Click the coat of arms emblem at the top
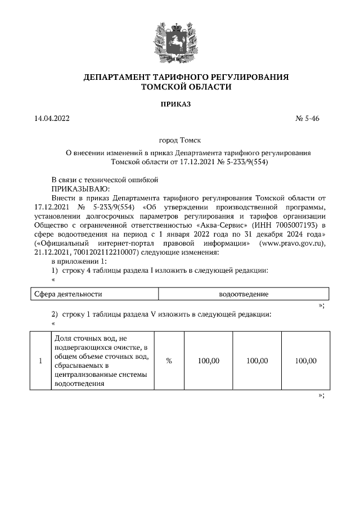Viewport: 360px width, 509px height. click(x=179, y=38)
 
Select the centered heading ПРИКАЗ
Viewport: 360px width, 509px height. click(x=179, y=105)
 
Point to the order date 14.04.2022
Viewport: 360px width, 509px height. click(x=52, y=119)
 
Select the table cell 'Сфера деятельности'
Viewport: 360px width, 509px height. click(x=68, y=294)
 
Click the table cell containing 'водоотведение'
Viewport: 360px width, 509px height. click(x=244, y=294)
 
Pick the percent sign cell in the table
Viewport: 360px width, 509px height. click(x=169, y=361)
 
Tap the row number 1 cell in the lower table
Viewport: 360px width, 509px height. click(x=40, y=361)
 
